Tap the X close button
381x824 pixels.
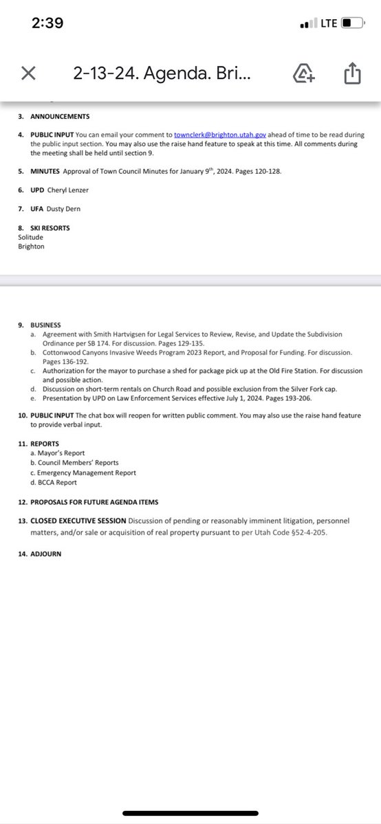pos(28,73)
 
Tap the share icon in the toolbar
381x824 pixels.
pos(351,73)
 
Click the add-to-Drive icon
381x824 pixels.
pos(304,73)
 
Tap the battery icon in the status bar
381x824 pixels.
pos(351,23)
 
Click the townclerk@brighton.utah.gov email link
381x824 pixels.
pos(220,135)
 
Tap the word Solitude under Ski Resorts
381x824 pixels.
pos(30,237)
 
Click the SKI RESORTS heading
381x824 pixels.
pos(49,228)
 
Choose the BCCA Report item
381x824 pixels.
pos(58,482)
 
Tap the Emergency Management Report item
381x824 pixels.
pos(87,472)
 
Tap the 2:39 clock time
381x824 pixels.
pos(47,23)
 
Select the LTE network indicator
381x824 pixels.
pos(329,23)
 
